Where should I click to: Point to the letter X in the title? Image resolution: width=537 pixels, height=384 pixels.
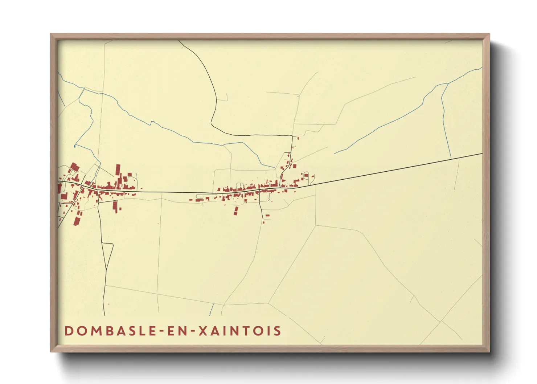point(204,331)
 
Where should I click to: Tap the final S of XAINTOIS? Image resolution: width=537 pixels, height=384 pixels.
point(278,331)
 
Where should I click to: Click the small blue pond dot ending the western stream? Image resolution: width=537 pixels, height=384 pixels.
point(74,146)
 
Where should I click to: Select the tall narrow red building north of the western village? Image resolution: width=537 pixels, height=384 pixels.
point(118,170)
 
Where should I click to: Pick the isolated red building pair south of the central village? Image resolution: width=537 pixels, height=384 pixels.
point(236,211)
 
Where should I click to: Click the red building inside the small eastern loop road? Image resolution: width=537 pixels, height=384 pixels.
point(306,175)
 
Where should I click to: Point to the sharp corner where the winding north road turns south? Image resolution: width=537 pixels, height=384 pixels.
point(292,135)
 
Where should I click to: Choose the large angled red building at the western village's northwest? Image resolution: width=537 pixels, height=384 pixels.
point(75,167)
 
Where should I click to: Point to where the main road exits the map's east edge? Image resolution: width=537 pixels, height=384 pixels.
point(481,154)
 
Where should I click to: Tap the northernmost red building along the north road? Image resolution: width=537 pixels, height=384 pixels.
point(298,138)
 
